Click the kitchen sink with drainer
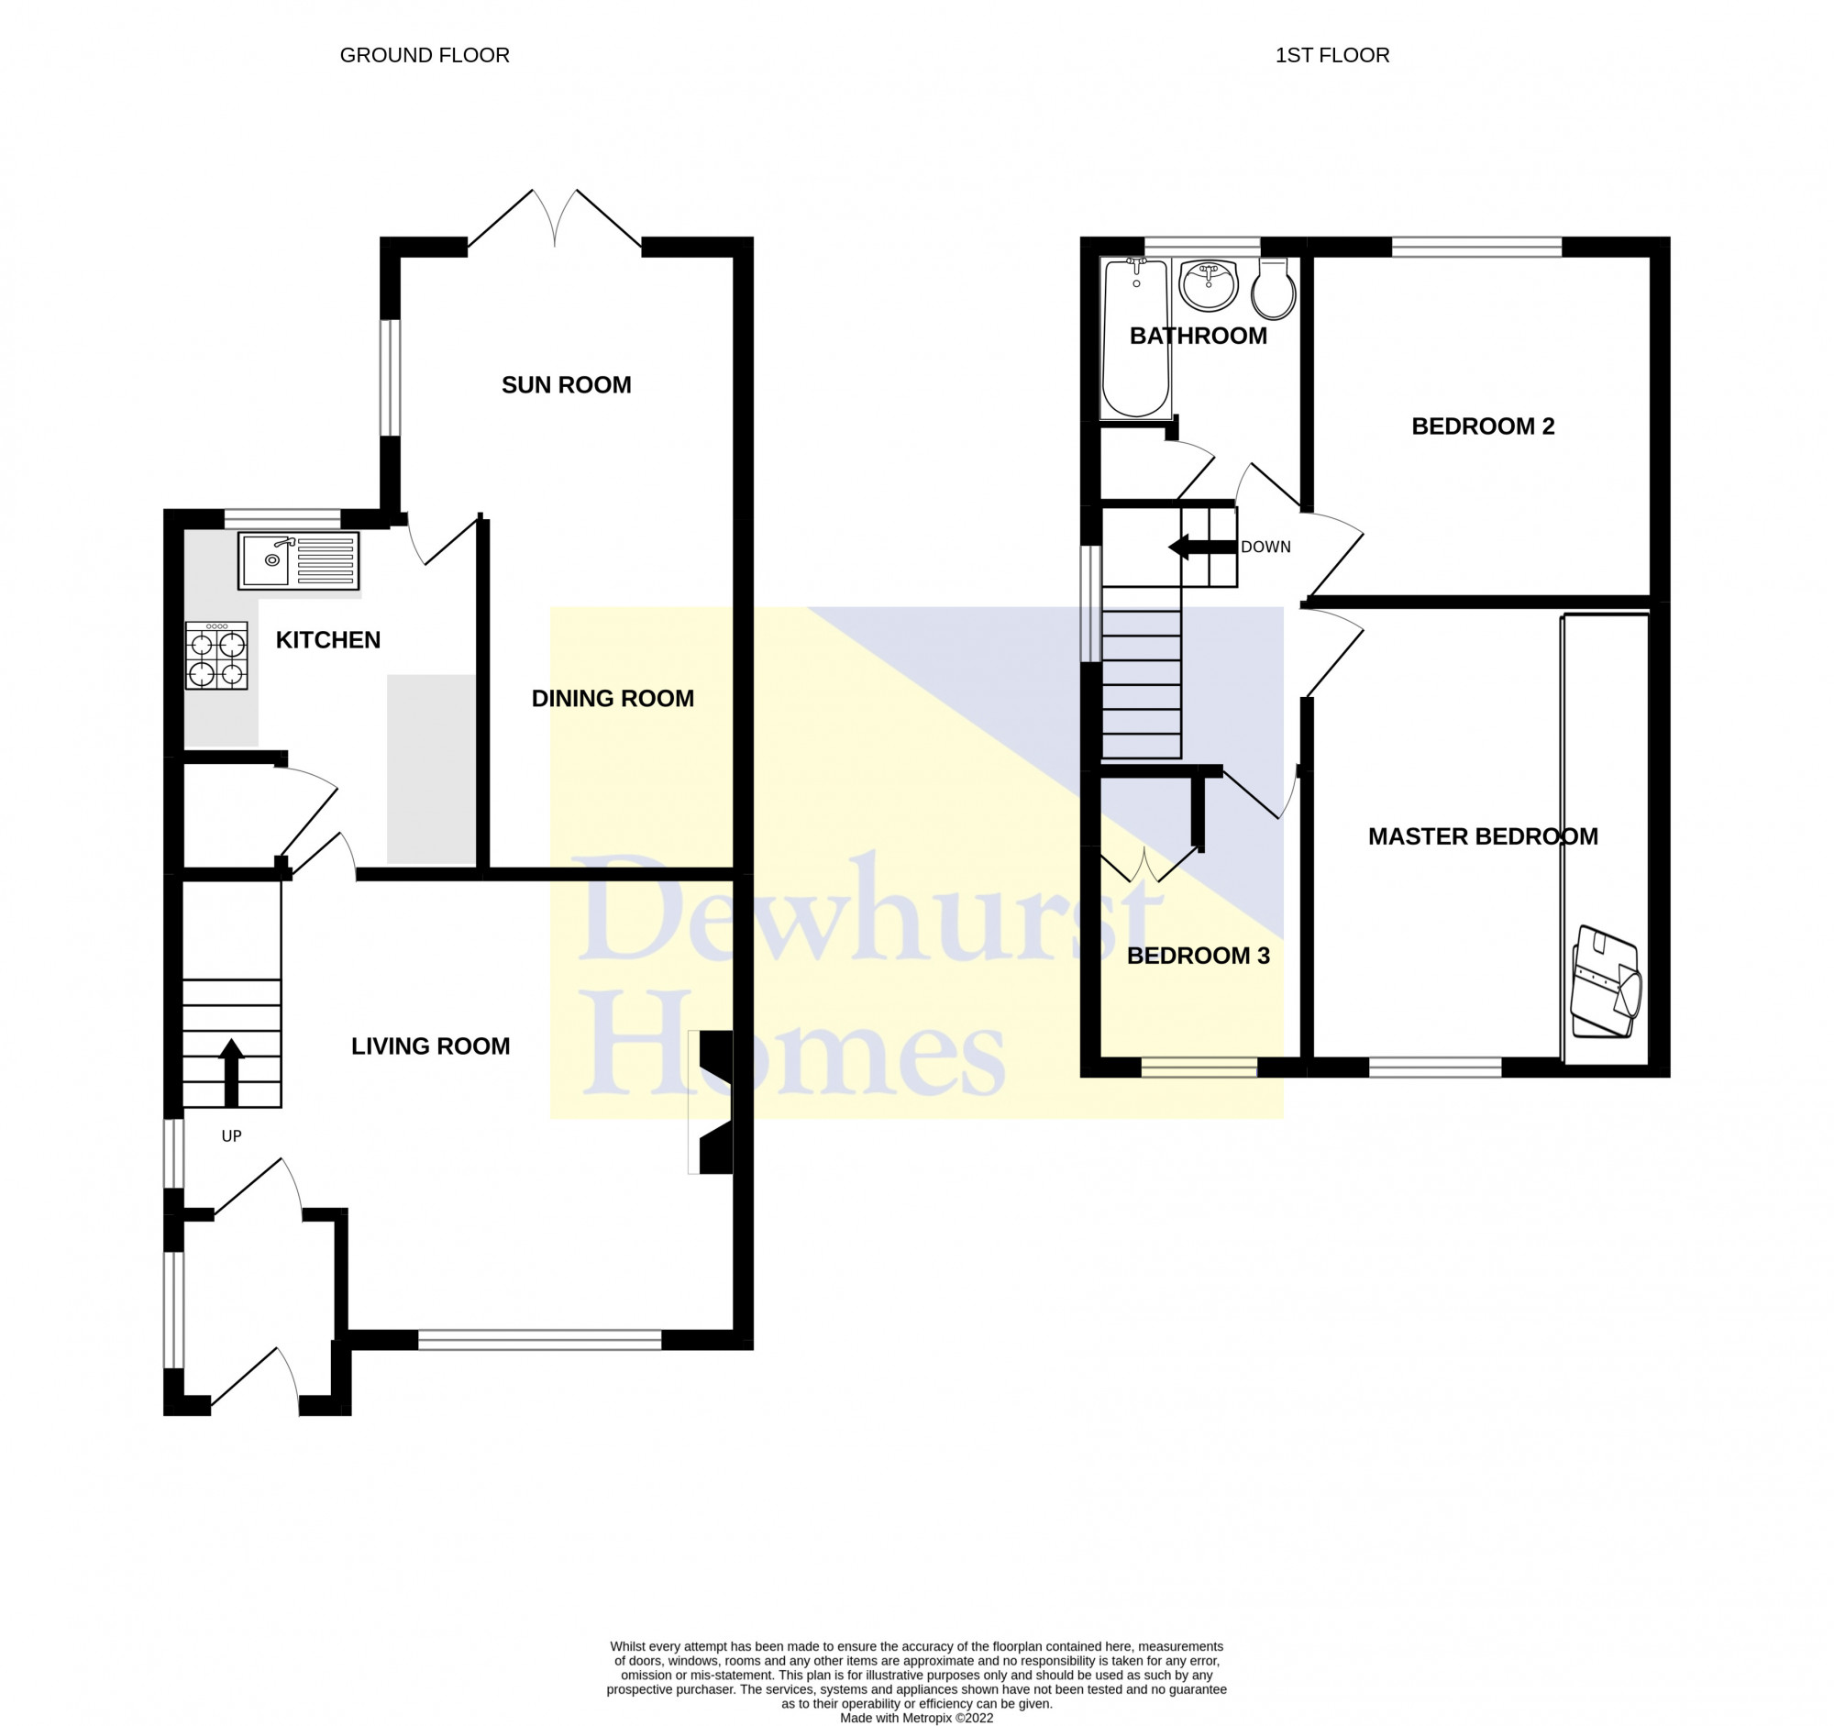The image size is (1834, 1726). pos(298,561)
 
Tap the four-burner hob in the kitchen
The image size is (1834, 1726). pos(216,656)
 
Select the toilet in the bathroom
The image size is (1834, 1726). pos(1273,288)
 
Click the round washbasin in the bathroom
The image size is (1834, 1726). pos(1208,285)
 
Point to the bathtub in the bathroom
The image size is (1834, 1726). pos(1135,337)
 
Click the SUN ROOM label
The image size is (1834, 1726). pos(567,384)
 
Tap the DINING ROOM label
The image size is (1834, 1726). pos(613,698)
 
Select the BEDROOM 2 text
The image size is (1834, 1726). pos(1483,426)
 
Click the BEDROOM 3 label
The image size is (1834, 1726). pos(1199,956)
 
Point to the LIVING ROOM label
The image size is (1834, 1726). pos(431,1046)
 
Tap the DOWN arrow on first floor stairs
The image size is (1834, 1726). pos(1202,547)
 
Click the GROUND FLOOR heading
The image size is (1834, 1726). pos(425,55)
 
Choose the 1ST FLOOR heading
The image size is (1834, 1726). pos(1332,55)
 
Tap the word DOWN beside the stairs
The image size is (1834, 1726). pos(1265,547)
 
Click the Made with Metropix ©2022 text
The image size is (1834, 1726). pos(916,1718)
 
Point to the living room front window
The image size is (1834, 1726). pos(540,1340)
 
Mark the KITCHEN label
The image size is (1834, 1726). pos(328,640)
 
